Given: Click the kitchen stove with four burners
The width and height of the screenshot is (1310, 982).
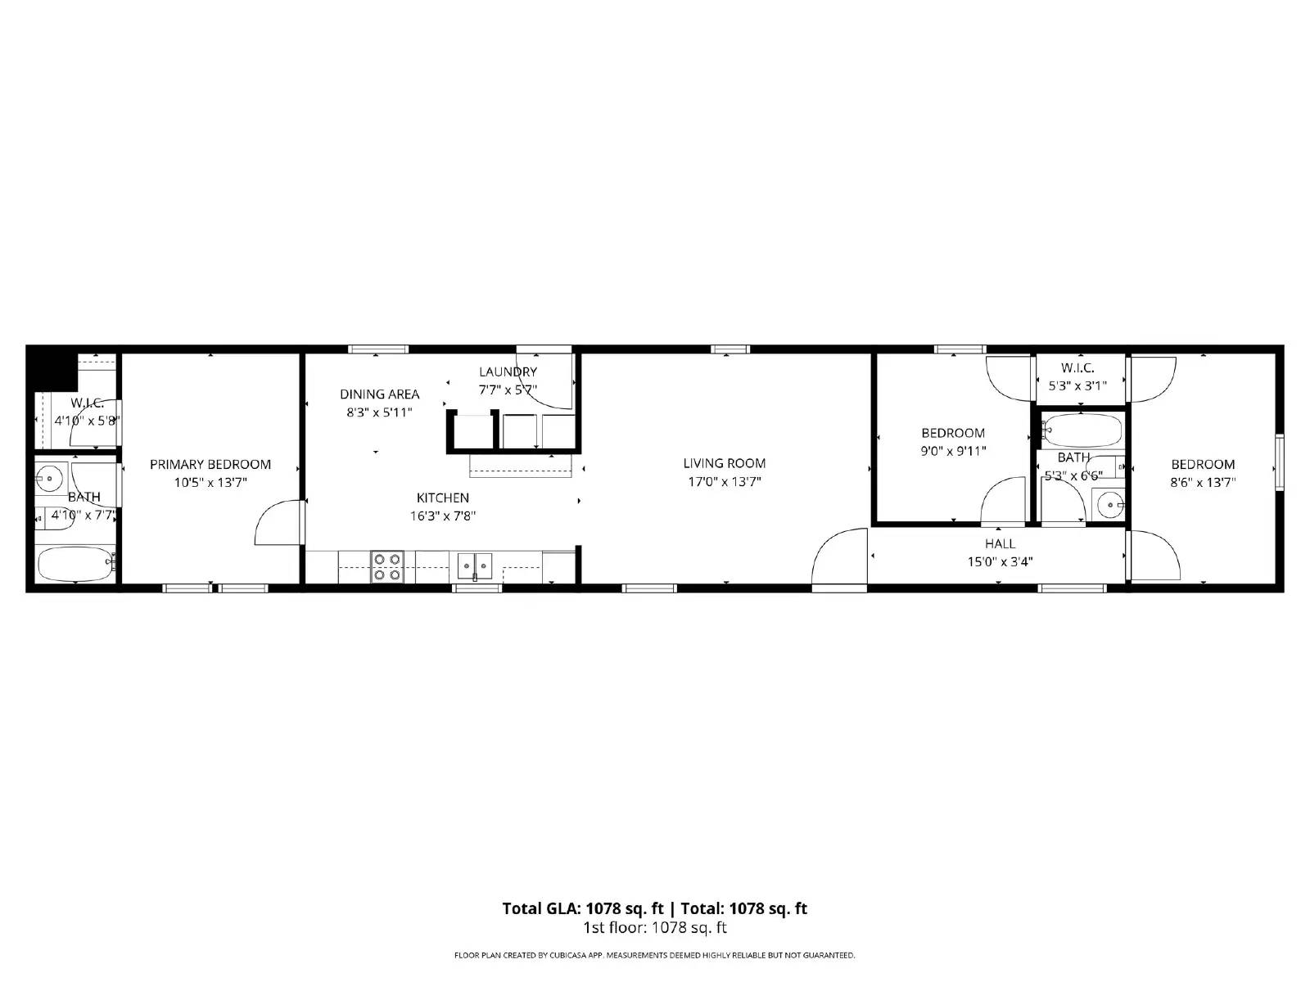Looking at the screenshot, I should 387,566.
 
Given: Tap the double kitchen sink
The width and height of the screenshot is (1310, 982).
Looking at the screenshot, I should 475,565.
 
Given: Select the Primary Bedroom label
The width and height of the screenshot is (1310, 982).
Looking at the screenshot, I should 210,464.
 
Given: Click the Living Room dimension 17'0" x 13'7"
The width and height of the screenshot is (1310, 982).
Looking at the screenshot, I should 724,482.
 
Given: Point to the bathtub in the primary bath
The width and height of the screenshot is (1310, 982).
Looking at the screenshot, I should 75,564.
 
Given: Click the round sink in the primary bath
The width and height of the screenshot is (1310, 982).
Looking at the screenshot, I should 52,476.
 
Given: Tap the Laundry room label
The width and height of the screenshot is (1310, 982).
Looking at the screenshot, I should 508,372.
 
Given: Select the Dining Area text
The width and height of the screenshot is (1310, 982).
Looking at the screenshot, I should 379,394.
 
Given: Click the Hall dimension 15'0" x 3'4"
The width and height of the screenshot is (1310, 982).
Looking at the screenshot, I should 1000,561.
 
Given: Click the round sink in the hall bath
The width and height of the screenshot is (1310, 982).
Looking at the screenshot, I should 1111,505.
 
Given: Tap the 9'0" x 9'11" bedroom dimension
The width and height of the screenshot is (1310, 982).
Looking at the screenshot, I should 953,451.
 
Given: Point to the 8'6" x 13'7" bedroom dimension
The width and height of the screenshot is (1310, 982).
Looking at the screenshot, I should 1202,482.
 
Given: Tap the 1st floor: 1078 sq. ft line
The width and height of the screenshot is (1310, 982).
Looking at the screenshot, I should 654,927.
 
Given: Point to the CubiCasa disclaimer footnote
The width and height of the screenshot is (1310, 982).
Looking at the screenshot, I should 654,955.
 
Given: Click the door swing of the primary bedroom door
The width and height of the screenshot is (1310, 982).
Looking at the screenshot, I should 277,524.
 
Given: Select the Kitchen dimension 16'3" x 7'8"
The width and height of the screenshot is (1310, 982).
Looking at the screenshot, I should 442,516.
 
